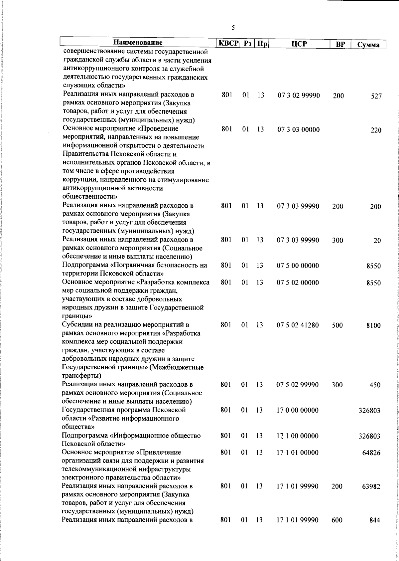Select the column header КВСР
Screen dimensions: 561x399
(228, 44)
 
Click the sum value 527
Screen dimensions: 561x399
(376, 96)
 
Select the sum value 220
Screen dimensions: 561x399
(376, 130)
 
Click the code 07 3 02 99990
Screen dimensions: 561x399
(299, 96)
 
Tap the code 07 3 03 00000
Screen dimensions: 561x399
(299, 130)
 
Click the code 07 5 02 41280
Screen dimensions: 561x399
(298, 325)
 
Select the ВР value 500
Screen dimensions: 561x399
(337, 325)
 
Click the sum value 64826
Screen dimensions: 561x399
(371, 453)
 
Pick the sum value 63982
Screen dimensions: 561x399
(371, 487)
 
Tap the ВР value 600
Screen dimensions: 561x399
(337, 520)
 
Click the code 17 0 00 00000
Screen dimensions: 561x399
(297, 410)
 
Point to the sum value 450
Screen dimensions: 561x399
(375, 385)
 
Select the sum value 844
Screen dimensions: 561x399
(375, 521)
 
